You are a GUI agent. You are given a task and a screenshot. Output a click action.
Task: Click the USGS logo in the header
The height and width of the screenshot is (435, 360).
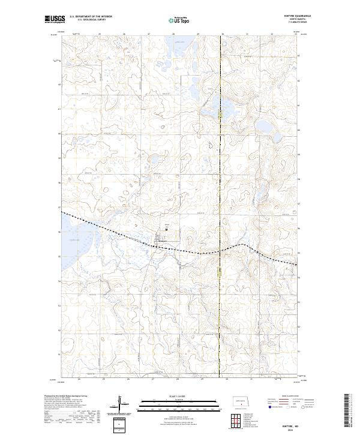click(55, 19)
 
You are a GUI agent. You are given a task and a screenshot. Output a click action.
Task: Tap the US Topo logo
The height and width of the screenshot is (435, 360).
click(179, 20)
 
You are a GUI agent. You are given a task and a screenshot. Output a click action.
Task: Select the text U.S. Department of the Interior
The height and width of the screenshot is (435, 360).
click(91, 17)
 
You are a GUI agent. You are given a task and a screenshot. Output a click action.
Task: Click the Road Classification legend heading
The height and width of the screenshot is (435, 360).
click(282, 397)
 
